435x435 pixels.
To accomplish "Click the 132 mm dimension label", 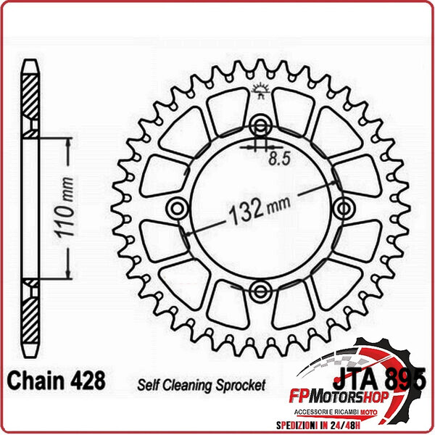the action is pyautogui.click(x=260, y=210).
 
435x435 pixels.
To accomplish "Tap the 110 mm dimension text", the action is pyautogui.click(x=65, y=207).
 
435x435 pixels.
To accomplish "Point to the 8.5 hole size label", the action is pyautogui.click(x=279, y=158).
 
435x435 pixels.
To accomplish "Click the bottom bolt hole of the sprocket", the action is pyautogui.click(x=260, y=291).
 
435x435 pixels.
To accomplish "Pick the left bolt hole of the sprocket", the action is pyautogui.click(x=178, y=208).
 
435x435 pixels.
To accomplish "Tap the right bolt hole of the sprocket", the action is pyautogui.click(x=344, y=208).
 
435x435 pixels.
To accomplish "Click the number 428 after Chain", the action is pyautogui.click(x=88, y=381).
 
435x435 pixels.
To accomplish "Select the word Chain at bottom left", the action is pyautogui.click(x=36, y=381).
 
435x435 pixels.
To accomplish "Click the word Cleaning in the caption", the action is pyautogui.click(x=188, y=385).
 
